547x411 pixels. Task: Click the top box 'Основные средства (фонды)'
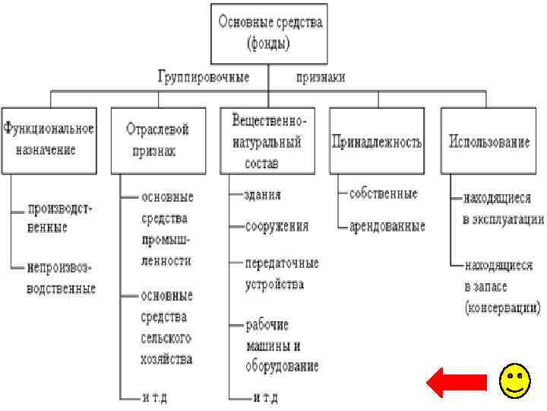tap(270, 33)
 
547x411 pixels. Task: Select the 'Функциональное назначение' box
tap(49, 139)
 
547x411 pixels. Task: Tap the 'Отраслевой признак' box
tap(157, 140)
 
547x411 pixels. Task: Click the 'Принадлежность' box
tap(377, 142)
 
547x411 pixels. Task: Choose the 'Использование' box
tap(489, 142)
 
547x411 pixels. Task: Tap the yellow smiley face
tap(514, 381)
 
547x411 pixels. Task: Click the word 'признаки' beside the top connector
tap(320, 77)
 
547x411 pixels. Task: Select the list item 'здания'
tap(262, 195)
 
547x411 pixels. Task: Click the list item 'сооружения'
tap(277, 226)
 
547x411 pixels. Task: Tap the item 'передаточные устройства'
tap(281, 273)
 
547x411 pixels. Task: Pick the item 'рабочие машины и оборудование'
tap(281, 345)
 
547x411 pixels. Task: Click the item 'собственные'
tap(383, 194)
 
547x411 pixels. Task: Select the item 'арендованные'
tap(387, 226)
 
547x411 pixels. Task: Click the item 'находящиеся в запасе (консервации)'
tap(501, 287)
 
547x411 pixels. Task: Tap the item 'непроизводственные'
tap(61, 279)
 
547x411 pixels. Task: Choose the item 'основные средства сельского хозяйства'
tap(166, 327)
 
